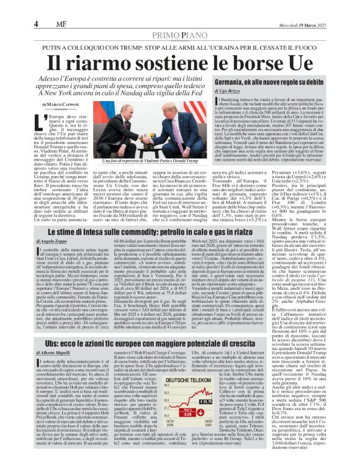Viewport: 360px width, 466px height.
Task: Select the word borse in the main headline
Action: click(x=250, y=63)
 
